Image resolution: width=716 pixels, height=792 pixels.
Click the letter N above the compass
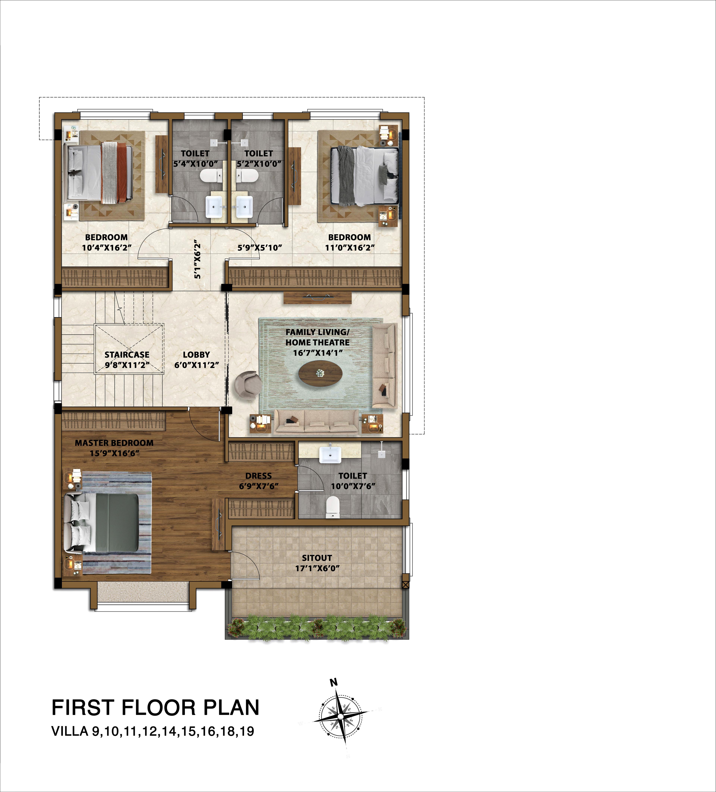click(334, 683)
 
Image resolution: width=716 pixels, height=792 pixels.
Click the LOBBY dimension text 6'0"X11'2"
click(196, 365)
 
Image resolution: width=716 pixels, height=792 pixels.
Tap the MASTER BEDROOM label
click(114, 443)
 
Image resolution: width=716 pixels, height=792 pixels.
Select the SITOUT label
click(317, 558)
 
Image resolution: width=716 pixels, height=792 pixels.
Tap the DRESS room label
click(258, 476)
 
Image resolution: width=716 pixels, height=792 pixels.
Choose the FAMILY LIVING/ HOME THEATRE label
click(317, 337)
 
